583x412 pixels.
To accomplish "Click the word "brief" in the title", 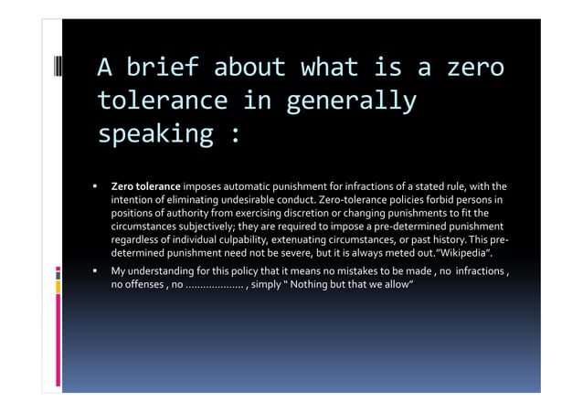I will (x=166, y=67).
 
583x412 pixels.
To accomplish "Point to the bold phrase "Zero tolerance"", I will (x=145, y=186).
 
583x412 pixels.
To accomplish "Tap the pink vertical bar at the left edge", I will (x=57, y=343).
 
